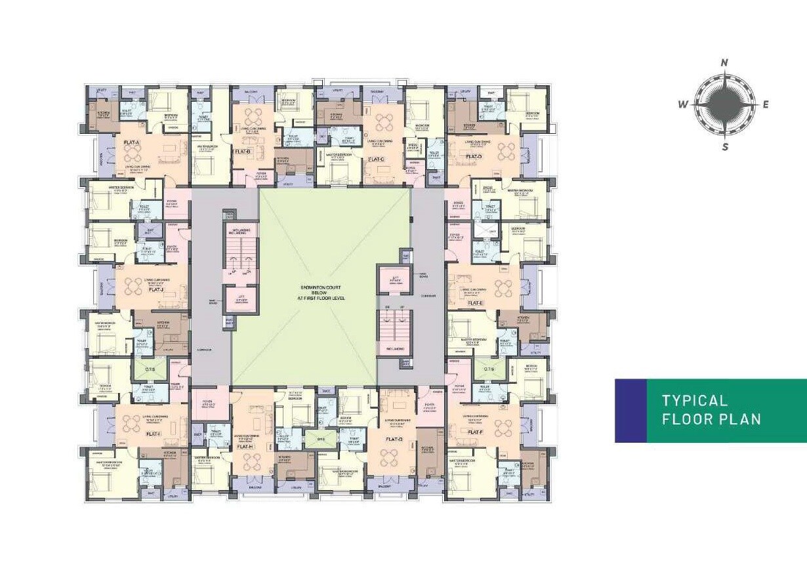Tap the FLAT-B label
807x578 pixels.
(x=243, y=152)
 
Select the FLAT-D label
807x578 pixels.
(x=474, y=157)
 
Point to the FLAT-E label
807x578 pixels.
(x=475, y=303)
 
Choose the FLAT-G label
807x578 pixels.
(x=394, y=439)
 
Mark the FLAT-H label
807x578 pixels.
(x=244, y=446)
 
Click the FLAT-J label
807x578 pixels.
(x=155, y=289)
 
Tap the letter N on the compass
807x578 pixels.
(x=724, y=63)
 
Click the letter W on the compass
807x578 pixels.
(x=682, y=104)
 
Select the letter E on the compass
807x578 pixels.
(x=765, y=104)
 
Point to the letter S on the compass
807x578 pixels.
(x=725, y=147)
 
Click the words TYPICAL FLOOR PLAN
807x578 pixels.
(x=711, y=410)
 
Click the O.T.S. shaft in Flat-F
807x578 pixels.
(x=488, y=369)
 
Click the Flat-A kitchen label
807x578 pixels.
(x=104, y=113)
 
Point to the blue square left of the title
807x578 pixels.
(x=631, y=410)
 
